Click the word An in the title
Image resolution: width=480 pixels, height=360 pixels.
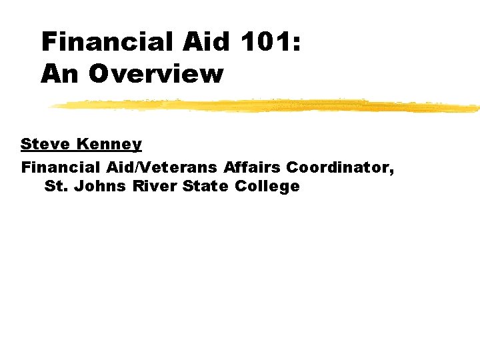click(x=59, y=73)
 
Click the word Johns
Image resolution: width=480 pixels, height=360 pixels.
click(x=100, y=186)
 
